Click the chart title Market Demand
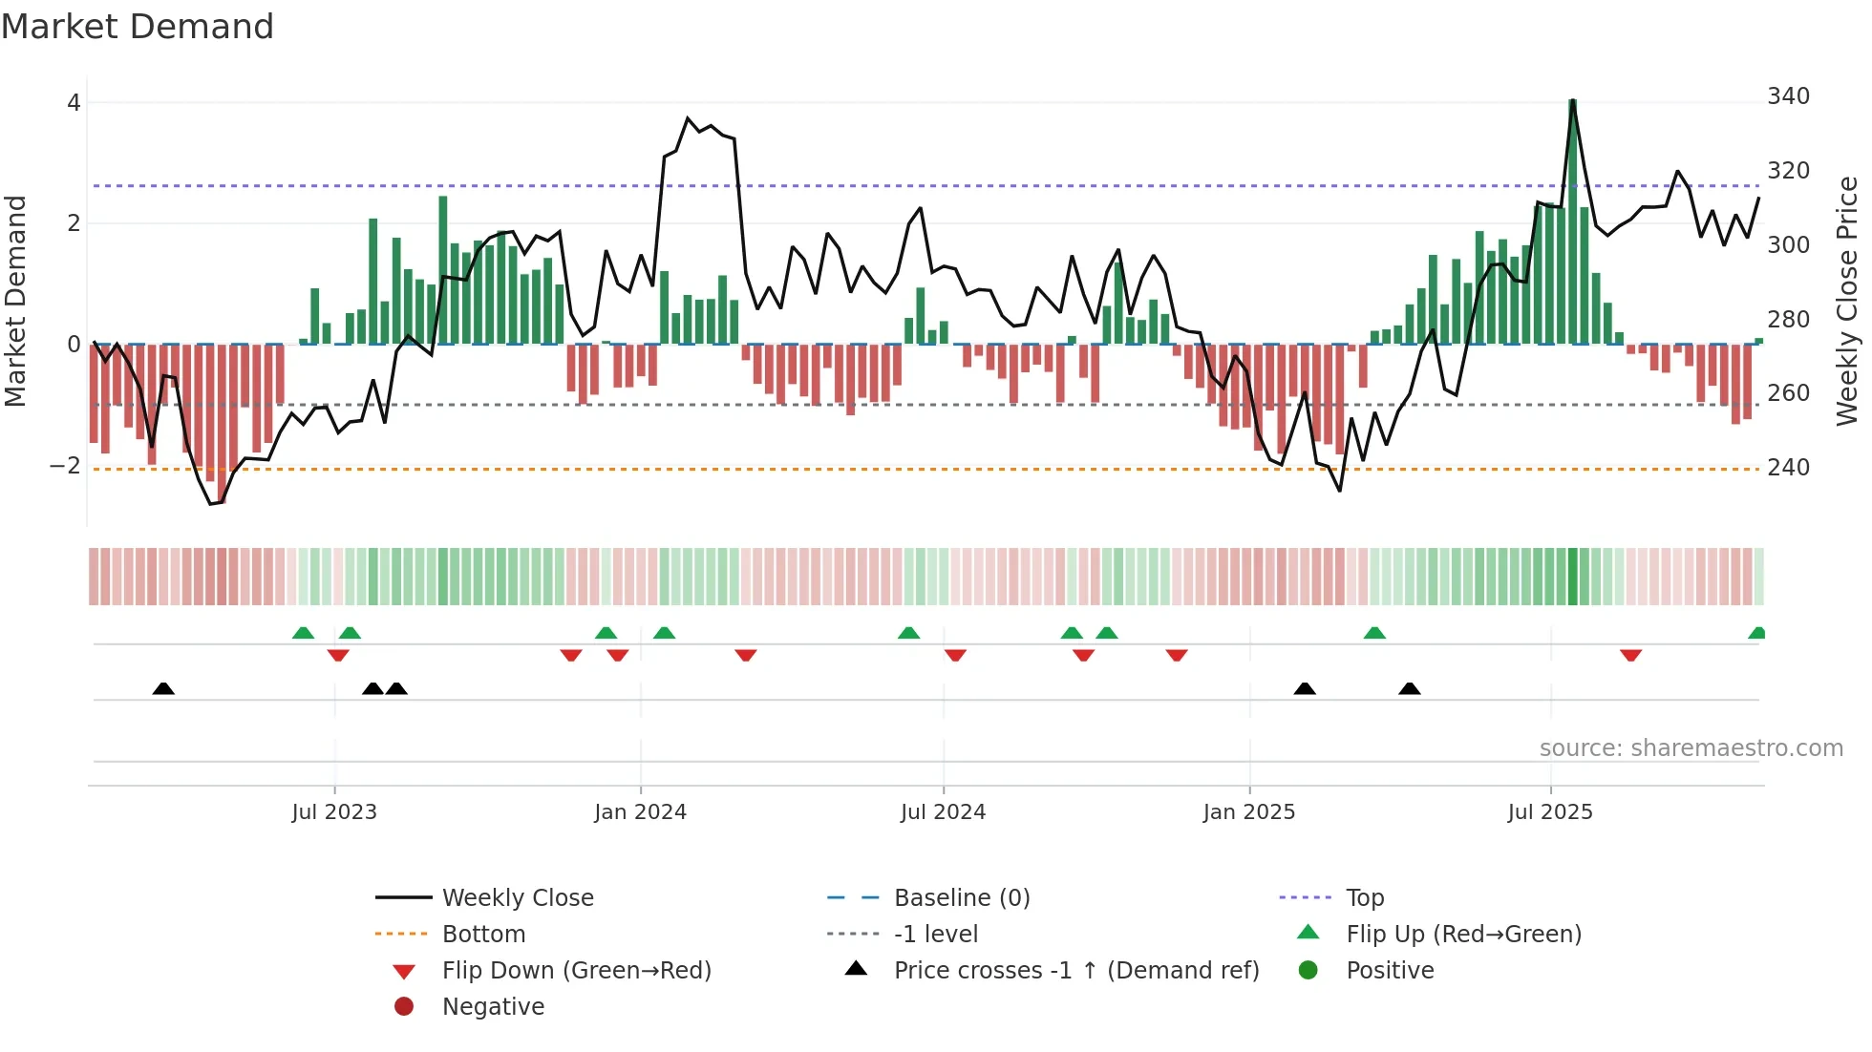(138, 27)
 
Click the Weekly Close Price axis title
(1847, 301)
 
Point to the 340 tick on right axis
(1788, 96)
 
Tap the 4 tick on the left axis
(74, 103)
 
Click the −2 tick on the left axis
(65, 466)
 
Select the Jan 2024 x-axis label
(640, 812)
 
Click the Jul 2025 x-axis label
(1550, 812)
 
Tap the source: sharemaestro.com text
(1691, 748)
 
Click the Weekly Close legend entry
(517, 898)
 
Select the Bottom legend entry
(483, 935)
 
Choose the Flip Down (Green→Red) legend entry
(576, 971)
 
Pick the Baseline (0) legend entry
(961, 898)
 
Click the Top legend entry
(1365, 898)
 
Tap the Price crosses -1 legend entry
(1075, 971)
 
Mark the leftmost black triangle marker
(163, 688)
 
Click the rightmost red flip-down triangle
(1630, 655)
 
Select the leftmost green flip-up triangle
(303, 633)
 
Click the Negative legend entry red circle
(404, 1007)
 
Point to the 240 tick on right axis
(1788, 468)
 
